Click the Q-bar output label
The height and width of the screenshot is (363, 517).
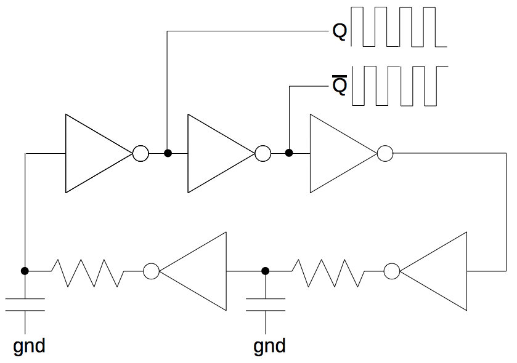pyautogui.click(x=340, y=86)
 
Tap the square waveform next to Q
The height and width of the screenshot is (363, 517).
pyautogui.click(x=398, y=27)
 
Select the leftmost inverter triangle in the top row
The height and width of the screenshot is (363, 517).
pyautogui.click(x=92, y=153)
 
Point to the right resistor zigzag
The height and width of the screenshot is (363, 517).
pyautogui.click(x=327, y=271)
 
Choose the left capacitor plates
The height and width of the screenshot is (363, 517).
pyautogui.click(x=25, y=305)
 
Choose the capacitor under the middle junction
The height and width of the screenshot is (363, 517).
pyautogui.click(x=266, y=305)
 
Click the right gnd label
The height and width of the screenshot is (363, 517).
pyautogui.click(x=269, y=346)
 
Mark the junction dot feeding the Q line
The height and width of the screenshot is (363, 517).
pyautogui.click(x=167, y=153)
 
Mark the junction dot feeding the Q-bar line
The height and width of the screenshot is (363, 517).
pyautogui.click(x=289, y=153)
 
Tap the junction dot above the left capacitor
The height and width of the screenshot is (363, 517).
pyautogui.click(x=25, y=271)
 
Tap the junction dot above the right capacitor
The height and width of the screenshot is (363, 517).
pyautogui.click(x=266, y=271)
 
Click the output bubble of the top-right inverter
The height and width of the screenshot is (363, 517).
pyautogui.click(x=385, y=153)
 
